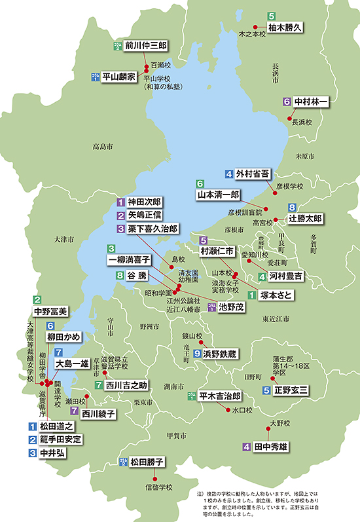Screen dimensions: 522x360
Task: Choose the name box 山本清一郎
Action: coord(218,195)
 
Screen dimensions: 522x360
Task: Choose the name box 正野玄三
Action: coord(291,390)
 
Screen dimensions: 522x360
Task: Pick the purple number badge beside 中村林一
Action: coord(287,102)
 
